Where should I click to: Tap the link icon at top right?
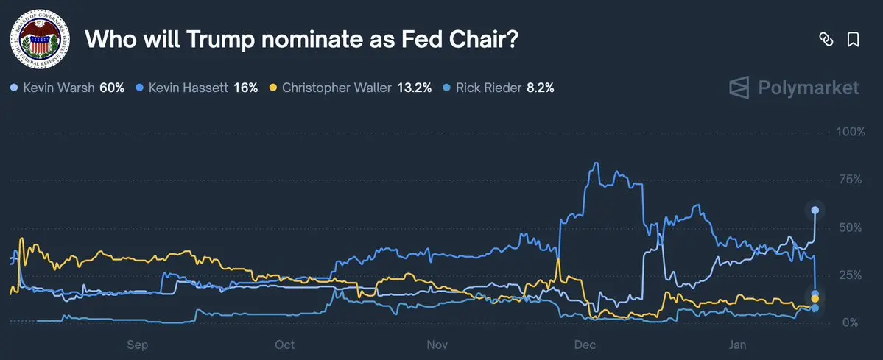click(826, 40)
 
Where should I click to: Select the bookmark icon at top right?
click(853, 40)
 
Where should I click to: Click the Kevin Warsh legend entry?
click(58, 88)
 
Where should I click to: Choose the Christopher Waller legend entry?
click(340, 88)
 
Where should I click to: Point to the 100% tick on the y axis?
click(850, 132)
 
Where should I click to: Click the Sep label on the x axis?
click(138, 344)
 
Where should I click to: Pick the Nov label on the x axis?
click(437, 344)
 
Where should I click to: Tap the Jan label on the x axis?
click(738, 344)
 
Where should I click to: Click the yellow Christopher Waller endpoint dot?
click(815, 299)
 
